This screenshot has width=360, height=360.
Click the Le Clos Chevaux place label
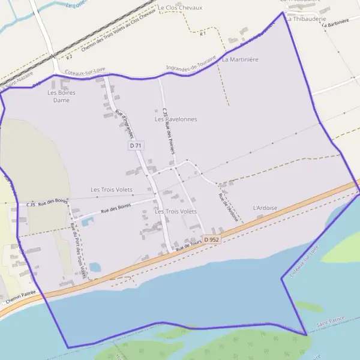pyautogui.click(x=180, y=8)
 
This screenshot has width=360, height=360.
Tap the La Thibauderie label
pyautogui.click(x=306, y=19)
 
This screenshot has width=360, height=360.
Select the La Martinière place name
pyautogui.click(x=240, y=60)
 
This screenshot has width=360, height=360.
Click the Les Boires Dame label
pyautogui.click(x=58, y=97)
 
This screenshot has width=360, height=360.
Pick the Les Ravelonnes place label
pyautogui.click(x=176, y=119)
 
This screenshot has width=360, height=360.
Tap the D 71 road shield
pyautogui.click(x=136, y=146)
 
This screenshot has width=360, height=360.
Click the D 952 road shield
pyautogui.click(x=210, y=239)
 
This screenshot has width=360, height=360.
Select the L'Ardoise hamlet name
pyautogui.click(x=265, y=208)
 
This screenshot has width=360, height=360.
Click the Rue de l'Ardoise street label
pyautogui.click(x=229, y=208)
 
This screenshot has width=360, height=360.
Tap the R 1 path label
pyautogui.click(x=203, y=34)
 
